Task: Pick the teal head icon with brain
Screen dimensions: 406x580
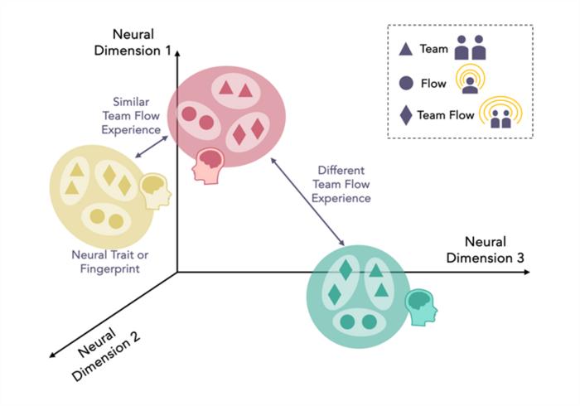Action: coord(423,306)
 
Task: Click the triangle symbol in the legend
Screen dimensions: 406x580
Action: coord(406,49)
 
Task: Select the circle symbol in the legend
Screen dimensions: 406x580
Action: coord(406,83)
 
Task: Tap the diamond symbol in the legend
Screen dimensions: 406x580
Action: coord(405,116)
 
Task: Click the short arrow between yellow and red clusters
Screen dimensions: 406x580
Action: coord(150,147)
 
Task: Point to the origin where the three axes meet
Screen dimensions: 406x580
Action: coord(176,272)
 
